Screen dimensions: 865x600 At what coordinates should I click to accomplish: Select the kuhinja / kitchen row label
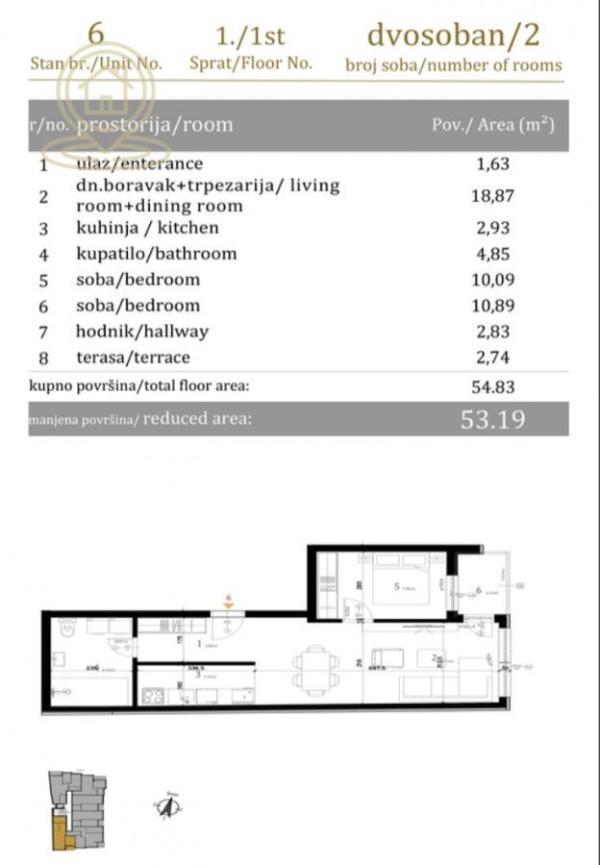pyautogui.click(x=140, y=228)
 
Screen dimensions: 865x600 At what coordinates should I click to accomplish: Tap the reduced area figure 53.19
pyautogui.click(x=493, y=419)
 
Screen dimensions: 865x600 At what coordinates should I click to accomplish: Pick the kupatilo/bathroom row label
pyautogui.click(x=156, y=253)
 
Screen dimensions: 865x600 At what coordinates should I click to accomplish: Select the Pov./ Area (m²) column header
pyautogui.click(x=493, y=125)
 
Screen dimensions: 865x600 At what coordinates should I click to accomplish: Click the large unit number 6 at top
pyautogui.click(x=96, y=32)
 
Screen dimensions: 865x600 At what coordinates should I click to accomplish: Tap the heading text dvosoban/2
pyautogui.click(x=453, y=35)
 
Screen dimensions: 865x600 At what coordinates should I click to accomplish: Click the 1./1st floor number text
pyautogui.click(x=251, y=36)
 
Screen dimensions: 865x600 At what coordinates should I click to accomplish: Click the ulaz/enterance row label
pyautogui.click(x=139, y=164)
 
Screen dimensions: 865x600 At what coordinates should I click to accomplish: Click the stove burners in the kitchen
pyautogui.click(x=153, y=694)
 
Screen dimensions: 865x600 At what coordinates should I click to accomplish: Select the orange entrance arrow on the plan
pyautogui.click(x=228, y=602)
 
